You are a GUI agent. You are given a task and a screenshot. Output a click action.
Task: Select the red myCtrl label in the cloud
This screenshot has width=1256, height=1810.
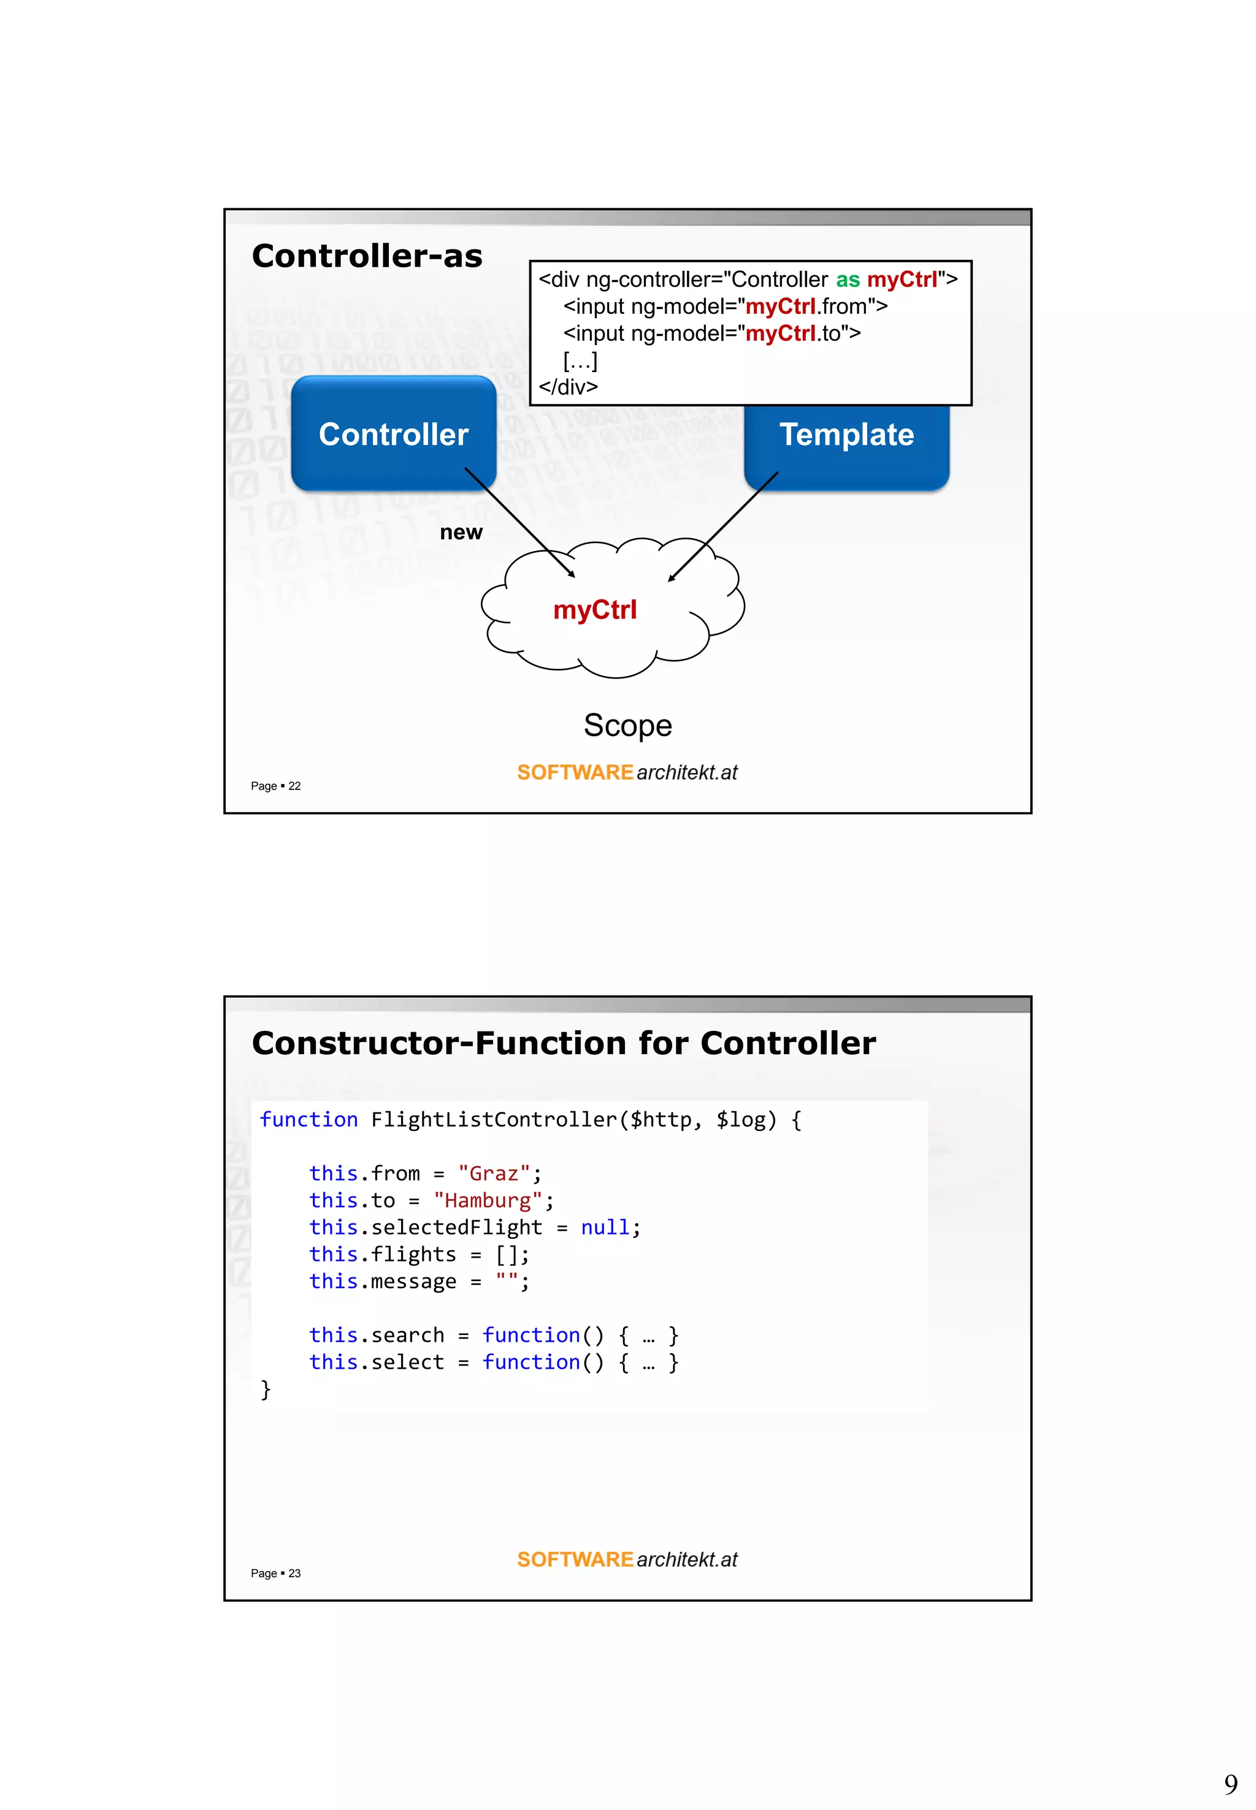click(594, 610)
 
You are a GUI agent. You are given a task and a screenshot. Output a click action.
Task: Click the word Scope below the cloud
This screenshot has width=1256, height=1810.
click(627, 725)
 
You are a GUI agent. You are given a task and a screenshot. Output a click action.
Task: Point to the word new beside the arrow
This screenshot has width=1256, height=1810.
click(461, 533)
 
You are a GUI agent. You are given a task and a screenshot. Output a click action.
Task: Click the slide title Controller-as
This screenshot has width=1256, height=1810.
click(367, 256)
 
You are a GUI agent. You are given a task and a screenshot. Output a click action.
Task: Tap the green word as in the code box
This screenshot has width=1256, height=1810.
click(847, 280)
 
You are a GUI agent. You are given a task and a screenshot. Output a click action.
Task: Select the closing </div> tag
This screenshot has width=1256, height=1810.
click(568, 387)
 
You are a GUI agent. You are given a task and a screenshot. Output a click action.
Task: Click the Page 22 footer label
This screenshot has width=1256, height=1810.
click(275, 786)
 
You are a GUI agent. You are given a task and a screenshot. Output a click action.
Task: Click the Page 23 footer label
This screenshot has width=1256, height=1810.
click(275, 1573)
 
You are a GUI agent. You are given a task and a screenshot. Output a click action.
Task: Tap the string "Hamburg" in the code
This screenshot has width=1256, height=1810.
click(488, 1200)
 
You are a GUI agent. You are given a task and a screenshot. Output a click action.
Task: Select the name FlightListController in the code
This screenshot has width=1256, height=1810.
click(494, 1119)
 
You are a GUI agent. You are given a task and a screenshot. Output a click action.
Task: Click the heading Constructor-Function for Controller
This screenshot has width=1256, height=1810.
click(564, 1043)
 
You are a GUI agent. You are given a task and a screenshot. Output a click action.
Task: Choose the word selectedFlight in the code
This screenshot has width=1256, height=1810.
click(456, 1227)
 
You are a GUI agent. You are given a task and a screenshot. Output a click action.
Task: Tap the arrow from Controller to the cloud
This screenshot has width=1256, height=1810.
click(519, 522)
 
